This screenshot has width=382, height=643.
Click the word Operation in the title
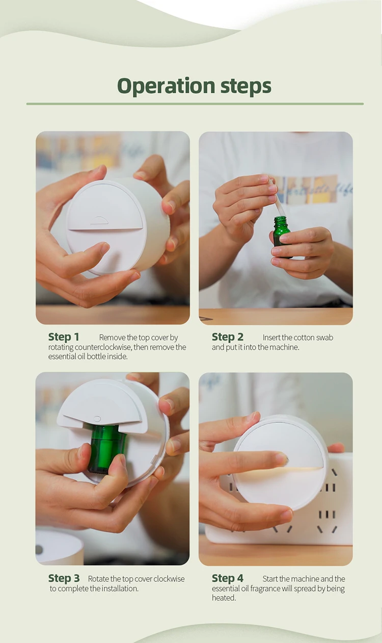(166, 86)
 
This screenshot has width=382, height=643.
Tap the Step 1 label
(64, 337)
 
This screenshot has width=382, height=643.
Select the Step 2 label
(228, 337)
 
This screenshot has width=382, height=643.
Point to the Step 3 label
(64, 578)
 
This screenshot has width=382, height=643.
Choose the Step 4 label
(228, 578)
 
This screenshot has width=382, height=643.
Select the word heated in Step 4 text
(223, 598)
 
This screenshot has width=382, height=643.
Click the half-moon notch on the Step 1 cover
(99, 220)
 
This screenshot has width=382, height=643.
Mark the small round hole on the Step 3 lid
(97, 419)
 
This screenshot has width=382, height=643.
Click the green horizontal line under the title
(195, 104)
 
